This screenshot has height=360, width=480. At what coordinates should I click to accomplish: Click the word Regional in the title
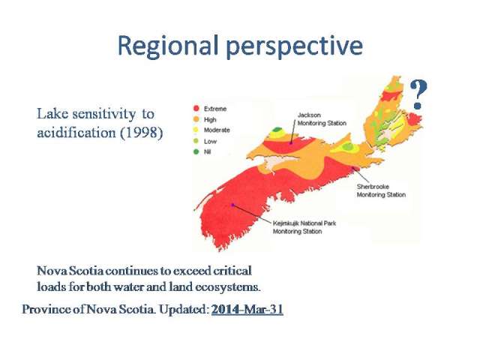coord(168,46)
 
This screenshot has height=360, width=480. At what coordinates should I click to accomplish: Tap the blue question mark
coord(418,94)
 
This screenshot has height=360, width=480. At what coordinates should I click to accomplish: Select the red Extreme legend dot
coord(196,109)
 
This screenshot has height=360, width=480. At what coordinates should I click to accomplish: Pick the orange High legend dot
coord(196,119)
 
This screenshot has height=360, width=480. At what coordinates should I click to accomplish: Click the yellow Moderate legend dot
coord(196,130)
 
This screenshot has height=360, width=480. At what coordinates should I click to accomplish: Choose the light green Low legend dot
coord(196,141)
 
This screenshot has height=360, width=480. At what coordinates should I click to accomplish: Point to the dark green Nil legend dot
coord(196,151)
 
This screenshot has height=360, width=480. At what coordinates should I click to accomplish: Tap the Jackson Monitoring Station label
coord(322,119)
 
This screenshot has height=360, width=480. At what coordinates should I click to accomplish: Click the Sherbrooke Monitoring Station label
coord(381,190)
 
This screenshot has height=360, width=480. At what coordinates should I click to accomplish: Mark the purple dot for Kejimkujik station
coord(233,205)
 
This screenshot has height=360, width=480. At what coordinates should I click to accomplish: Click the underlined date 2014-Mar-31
coord(247,309)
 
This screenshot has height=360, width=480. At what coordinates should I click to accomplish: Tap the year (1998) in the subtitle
coord(141,133)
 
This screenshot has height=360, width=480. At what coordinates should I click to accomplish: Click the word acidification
coord(76,133)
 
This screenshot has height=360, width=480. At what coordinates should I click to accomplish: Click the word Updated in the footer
coord(184,309)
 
